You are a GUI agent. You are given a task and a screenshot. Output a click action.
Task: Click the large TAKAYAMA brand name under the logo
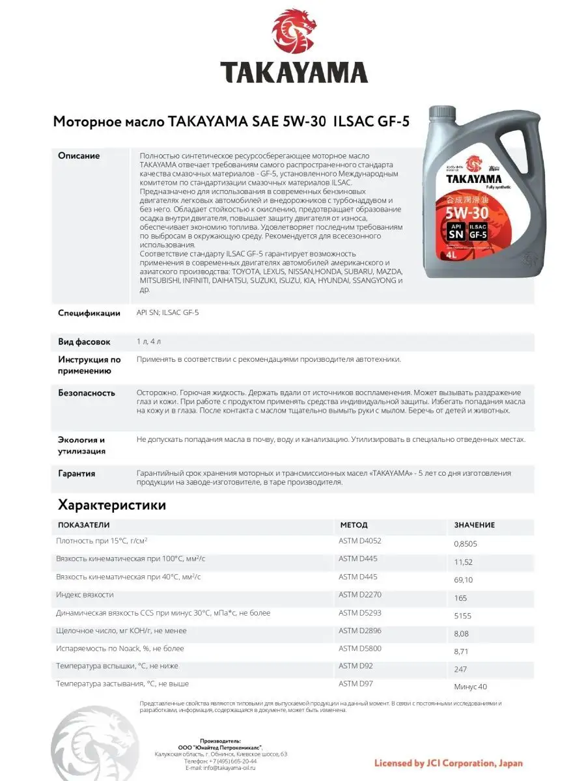pyautogui.click(x=293, y=72)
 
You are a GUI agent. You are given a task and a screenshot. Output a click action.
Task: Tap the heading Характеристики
pyautogui.click(x=112, y=505)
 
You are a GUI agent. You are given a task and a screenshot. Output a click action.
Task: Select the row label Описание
pyautogui.click(x=79, y=156)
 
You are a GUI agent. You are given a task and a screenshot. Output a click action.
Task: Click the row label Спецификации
pyautogui.click(x=89, y=313)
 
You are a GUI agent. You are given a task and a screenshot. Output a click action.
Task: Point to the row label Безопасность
pyautogui.click(x=87, y=393)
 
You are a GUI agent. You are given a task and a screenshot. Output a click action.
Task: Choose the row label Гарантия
pyautogui.click(x=77, y=474)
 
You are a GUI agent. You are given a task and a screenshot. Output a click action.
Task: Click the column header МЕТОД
pyautogui.click(x=354, y=525)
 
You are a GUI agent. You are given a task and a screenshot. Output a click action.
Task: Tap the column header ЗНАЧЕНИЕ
pyautogui.click(x=474, y=525)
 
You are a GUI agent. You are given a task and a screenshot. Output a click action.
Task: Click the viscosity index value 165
pyautogui.click(x=460, y=597)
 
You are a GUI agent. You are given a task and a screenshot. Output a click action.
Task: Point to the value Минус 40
pyautogui.click(x=470, y=687)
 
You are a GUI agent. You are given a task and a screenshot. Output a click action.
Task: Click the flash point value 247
pyautogui.click(x=460, y=669)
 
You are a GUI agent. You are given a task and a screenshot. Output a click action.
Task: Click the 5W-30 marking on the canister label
pyautogui.click(x=468, y=212)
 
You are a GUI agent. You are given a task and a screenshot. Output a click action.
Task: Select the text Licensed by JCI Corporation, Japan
pyautogui.click(x=449, y=763)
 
